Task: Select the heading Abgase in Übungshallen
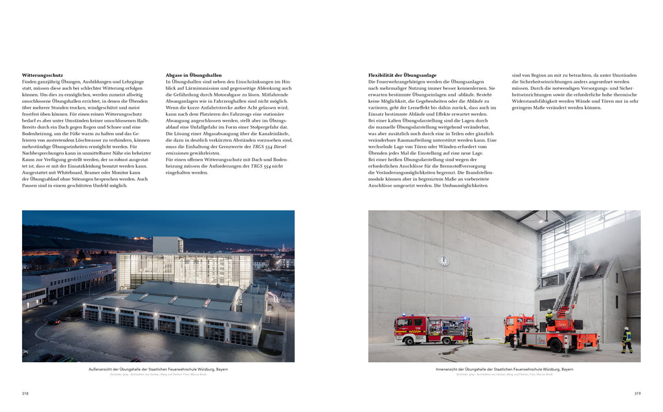(194, 75)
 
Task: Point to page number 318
(25, 393)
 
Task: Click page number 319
(637, 393)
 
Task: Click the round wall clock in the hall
(444, 261)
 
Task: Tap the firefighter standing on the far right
(626, 340)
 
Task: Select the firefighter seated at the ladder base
(549, 318)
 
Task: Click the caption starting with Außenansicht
(158, 369)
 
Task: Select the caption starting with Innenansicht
(504, 369)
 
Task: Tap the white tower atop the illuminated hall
(168, 244)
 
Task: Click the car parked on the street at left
(54, 321)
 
